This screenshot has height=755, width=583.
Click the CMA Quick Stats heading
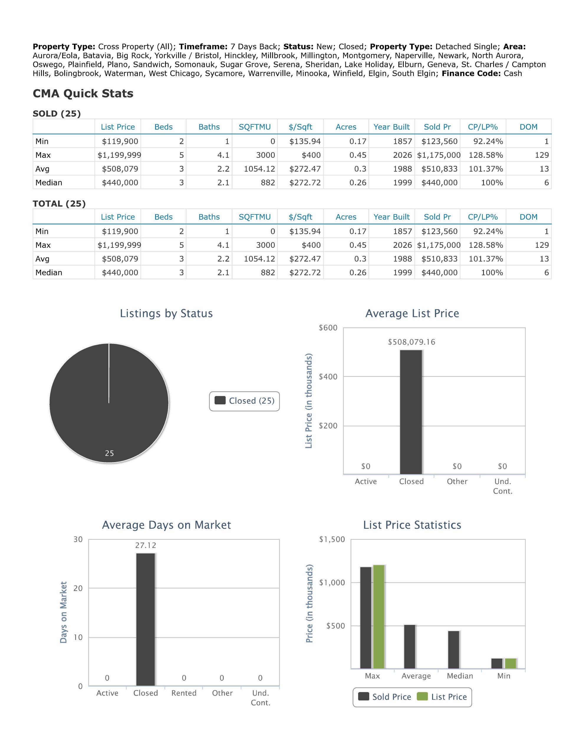point(83,94)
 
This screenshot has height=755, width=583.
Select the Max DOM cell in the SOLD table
point(541,155)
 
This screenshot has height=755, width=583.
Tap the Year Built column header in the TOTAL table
point(391,217)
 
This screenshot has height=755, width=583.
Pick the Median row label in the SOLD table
point(49,183)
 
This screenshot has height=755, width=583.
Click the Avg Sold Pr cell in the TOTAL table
point(439,259)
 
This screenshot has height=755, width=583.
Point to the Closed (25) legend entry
point(244,401)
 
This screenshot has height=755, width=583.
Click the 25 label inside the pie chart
point(109,453)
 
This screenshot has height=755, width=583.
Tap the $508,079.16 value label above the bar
point(411,342)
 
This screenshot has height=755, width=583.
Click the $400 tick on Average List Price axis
point(328,377)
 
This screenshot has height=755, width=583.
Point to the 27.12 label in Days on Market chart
point(146,546)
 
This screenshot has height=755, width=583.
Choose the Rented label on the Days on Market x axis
point(184,693)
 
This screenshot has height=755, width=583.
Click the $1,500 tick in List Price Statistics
point(332,540)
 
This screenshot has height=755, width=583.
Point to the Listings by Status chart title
point(166,314)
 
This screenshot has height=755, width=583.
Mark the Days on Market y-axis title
point(63,612)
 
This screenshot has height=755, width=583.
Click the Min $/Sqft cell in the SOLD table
point(305,141)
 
